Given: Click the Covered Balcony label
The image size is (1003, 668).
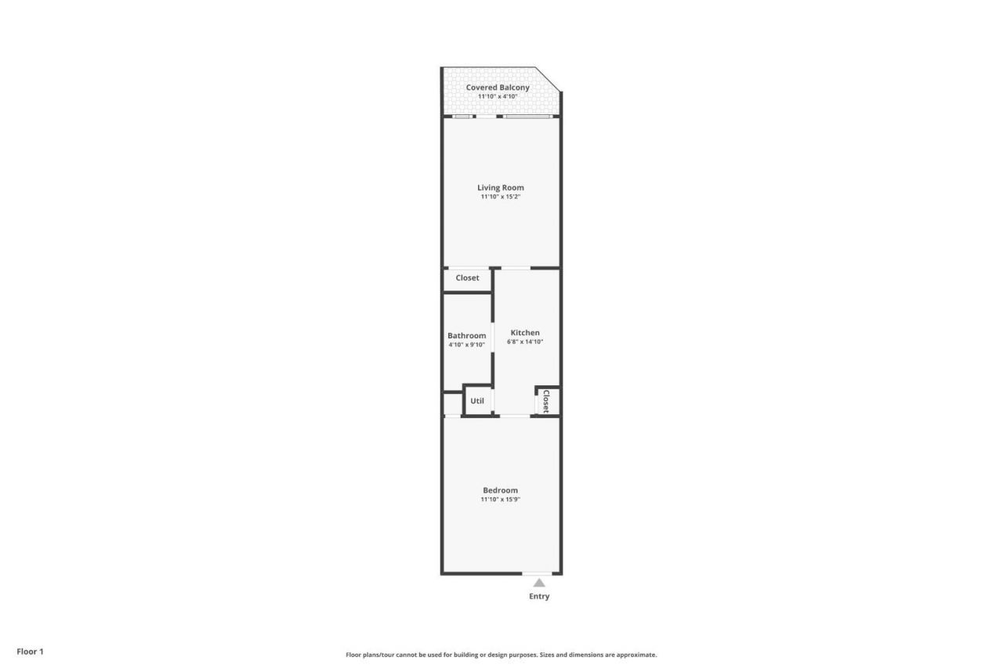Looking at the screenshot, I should coord(498,87).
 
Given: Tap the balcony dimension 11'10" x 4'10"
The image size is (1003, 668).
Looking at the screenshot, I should coord(498,96).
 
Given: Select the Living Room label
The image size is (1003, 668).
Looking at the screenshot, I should coord(501,188).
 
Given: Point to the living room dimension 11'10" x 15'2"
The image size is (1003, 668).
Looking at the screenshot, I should coord(501,197).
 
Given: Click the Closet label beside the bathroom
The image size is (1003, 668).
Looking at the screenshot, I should coord(467,278).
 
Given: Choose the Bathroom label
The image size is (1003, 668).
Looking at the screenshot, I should coord(467,336).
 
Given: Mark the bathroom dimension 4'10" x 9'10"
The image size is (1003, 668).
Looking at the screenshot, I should coord(467,345).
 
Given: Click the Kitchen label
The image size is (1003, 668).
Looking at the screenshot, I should coord(524,333).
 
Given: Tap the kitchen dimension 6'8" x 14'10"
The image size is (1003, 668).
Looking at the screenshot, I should coord(524,341).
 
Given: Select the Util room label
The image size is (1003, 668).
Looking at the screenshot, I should coord(477,401).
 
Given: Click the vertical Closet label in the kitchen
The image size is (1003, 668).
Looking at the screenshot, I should coord(546,401).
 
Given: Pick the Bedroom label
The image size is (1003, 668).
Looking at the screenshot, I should coord(500,490).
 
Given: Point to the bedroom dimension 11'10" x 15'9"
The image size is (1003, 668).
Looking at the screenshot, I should coord(500,499).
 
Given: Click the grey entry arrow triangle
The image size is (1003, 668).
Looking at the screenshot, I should coord(539,583).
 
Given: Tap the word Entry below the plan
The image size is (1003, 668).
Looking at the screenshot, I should coord(539,597).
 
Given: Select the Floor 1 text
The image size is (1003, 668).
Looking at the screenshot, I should coord(31,652).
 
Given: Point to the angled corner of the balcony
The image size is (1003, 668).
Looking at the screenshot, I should coord(548,79).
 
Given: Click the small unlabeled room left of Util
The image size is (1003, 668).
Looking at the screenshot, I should coord(452,403).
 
